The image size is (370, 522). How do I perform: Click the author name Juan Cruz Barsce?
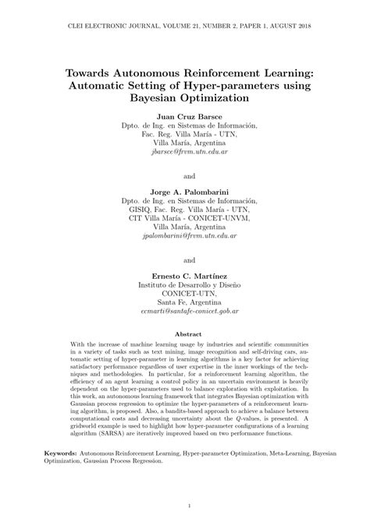click(184, 114)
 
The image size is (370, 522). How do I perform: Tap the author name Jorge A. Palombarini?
click(184, 190)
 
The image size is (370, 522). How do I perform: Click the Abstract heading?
click(184, 333)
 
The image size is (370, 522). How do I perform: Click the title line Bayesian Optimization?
click(184, 98)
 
